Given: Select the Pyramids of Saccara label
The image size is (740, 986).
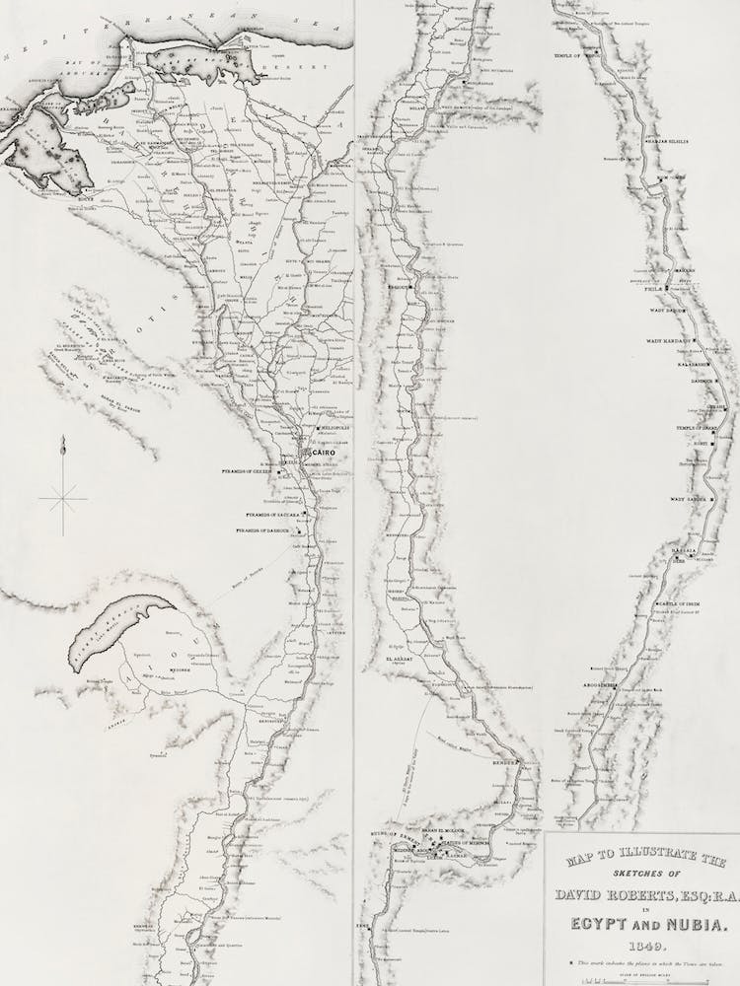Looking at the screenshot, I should click(271, 515).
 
